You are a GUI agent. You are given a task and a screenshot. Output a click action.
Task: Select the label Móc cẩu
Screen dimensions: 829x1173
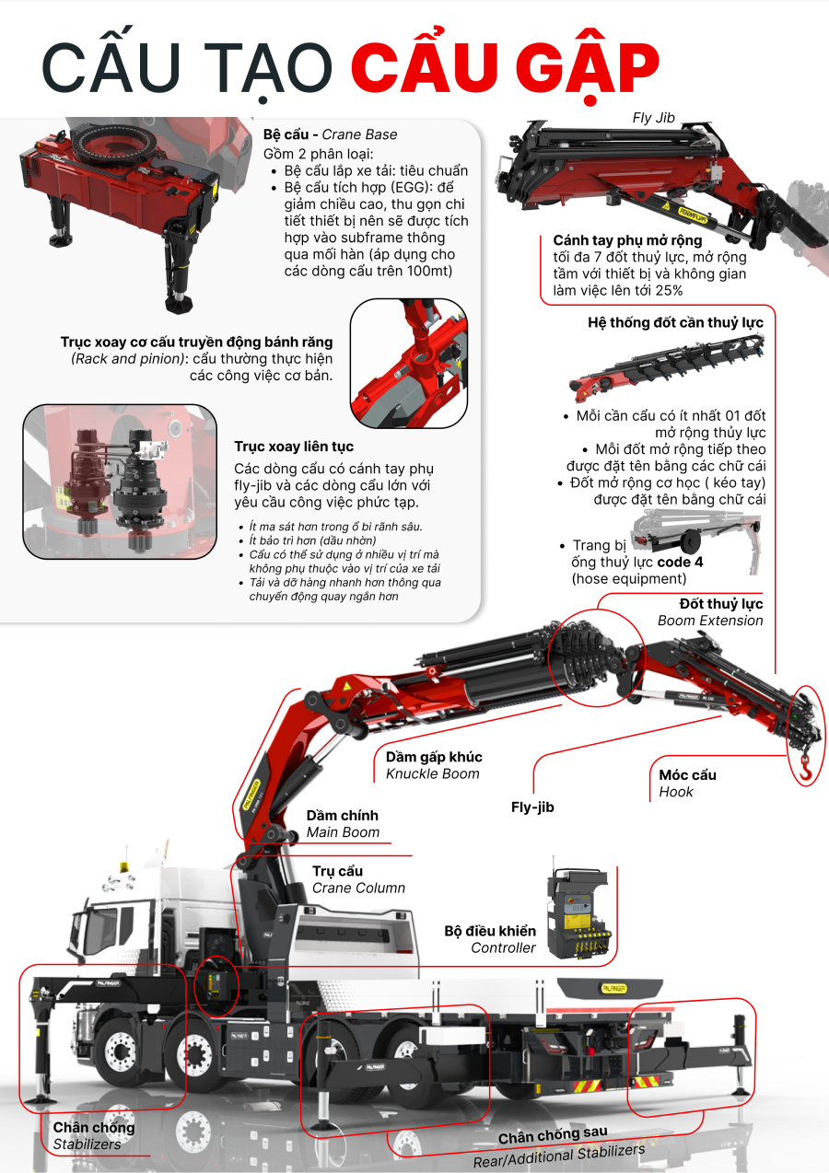pyautogui.click(x=687, y=774)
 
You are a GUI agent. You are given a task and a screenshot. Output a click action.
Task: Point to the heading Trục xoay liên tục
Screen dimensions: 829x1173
pyautogui.click(x=294, y=447)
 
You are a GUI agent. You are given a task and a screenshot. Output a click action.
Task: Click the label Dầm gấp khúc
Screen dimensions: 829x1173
pyautogui.click(x=434, y=757)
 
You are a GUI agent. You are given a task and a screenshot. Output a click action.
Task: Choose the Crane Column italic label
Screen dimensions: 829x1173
pyautogui.click(x=359, y=888)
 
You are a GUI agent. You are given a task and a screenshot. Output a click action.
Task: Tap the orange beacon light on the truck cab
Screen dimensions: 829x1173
pyautogui.click(x=124, y=867)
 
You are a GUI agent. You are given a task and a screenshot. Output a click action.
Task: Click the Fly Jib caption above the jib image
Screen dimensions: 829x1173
pyautogui.click(x=653, y=118)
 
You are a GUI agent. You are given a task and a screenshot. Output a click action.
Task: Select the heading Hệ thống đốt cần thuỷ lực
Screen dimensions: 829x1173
pyautogui.click(x=675, y=322)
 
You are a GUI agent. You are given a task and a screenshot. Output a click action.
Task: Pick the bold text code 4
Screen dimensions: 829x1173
pyautogui.click(x=680, y=562)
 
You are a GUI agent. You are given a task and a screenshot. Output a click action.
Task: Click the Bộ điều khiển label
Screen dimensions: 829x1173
pyautogui.click(x=490, y=931)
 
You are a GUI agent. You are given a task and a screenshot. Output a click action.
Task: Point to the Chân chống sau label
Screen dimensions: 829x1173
pyautogui.click(x=553, y=1135)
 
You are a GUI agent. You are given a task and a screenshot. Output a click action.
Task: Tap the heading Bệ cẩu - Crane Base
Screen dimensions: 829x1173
pyautogui.click(x=330, y=134)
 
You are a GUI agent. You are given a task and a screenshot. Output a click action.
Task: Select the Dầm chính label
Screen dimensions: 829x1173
pyautogui.click(x=342, y=816)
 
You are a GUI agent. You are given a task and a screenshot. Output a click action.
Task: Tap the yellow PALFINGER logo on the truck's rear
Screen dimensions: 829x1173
pyautogui.click(x=613, y=988)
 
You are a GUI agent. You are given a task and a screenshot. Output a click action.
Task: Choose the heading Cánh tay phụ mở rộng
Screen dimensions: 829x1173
pyautogui.click(x=628, y=240)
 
